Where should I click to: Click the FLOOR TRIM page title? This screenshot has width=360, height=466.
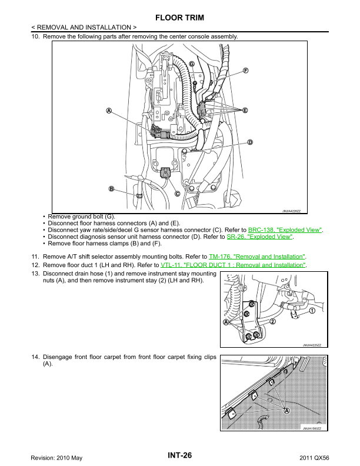click(x=179, y=18)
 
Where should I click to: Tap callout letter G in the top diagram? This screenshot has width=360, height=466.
click(x=192, y=64)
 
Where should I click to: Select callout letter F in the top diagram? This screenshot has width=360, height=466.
click(x=246, y=71)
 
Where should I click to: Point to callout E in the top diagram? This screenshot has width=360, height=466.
click(x=245, y=111)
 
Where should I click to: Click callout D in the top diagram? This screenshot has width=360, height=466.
click(x=250, y=142)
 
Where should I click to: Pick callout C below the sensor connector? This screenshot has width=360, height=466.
click(x=177, y=194)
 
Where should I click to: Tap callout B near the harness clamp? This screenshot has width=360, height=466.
click(x=111, y=189)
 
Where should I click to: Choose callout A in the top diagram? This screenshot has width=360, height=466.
click(x=109, y=111)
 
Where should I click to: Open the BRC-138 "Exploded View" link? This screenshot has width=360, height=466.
click(x=285, y=230)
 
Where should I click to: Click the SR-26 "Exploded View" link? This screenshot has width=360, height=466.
click(x=259, y=237)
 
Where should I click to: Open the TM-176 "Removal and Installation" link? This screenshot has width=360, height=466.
click(x=257, y=257)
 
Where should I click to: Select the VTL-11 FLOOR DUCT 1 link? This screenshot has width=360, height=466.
click(x=233, y=265)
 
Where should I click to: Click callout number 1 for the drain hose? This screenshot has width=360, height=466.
click(x=312, y=311)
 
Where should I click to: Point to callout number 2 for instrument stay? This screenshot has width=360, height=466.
click(x=272, y=321)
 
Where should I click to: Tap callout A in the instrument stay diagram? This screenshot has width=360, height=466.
click(x=226, y=322)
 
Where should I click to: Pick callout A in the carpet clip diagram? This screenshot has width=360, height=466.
click(x=286, y=411)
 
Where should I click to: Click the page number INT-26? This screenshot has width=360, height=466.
click(x=179, y=455)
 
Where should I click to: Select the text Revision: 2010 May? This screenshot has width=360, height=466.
click(x=56, y=458)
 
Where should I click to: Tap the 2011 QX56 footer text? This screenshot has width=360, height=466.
click(x=314, y=458)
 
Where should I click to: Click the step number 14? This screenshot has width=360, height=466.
click(x=35, y=357)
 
